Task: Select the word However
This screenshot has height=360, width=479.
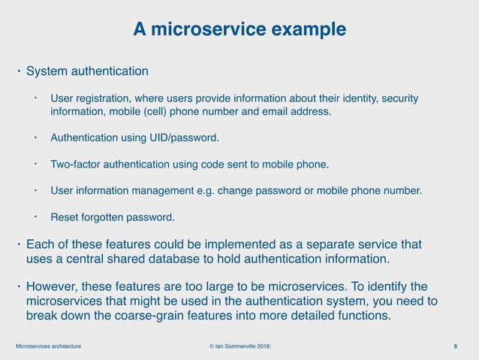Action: coord(52,286)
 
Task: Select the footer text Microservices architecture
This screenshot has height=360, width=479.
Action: coord(49,346)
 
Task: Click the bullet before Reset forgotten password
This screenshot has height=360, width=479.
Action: coord(35,216)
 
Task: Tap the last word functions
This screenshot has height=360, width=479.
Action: coord(364,315)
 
